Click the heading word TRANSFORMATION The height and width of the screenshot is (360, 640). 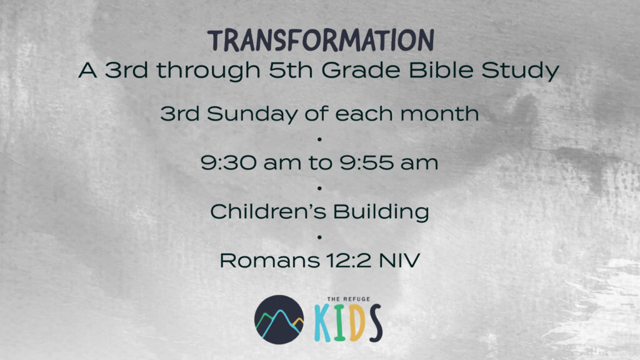coord(321,41)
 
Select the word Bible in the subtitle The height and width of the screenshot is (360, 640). coord(441,70)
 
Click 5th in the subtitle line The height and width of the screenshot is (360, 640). coord(291,70)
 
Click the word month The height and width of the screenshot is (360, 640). coord(439,114)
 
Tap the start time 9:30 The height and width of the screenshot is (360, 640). coord(228,162)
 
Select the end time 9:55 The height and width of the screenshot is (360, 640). coord(366,162)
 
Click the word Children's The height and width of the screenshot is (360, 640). coord(268,211)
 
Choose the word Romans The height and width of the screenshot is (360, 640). coord(269,261)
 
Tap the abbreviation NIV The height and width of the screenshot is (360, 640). coord(399,261)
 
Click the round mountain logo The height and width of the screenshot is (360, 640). coord(279,319)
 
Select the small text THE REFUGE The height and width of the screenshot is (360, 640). coord(349,299)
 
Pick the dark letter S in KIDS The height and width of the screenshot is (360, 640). coord(374,323)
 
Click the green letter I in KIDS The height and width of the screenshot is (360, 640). coord(339,322)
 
